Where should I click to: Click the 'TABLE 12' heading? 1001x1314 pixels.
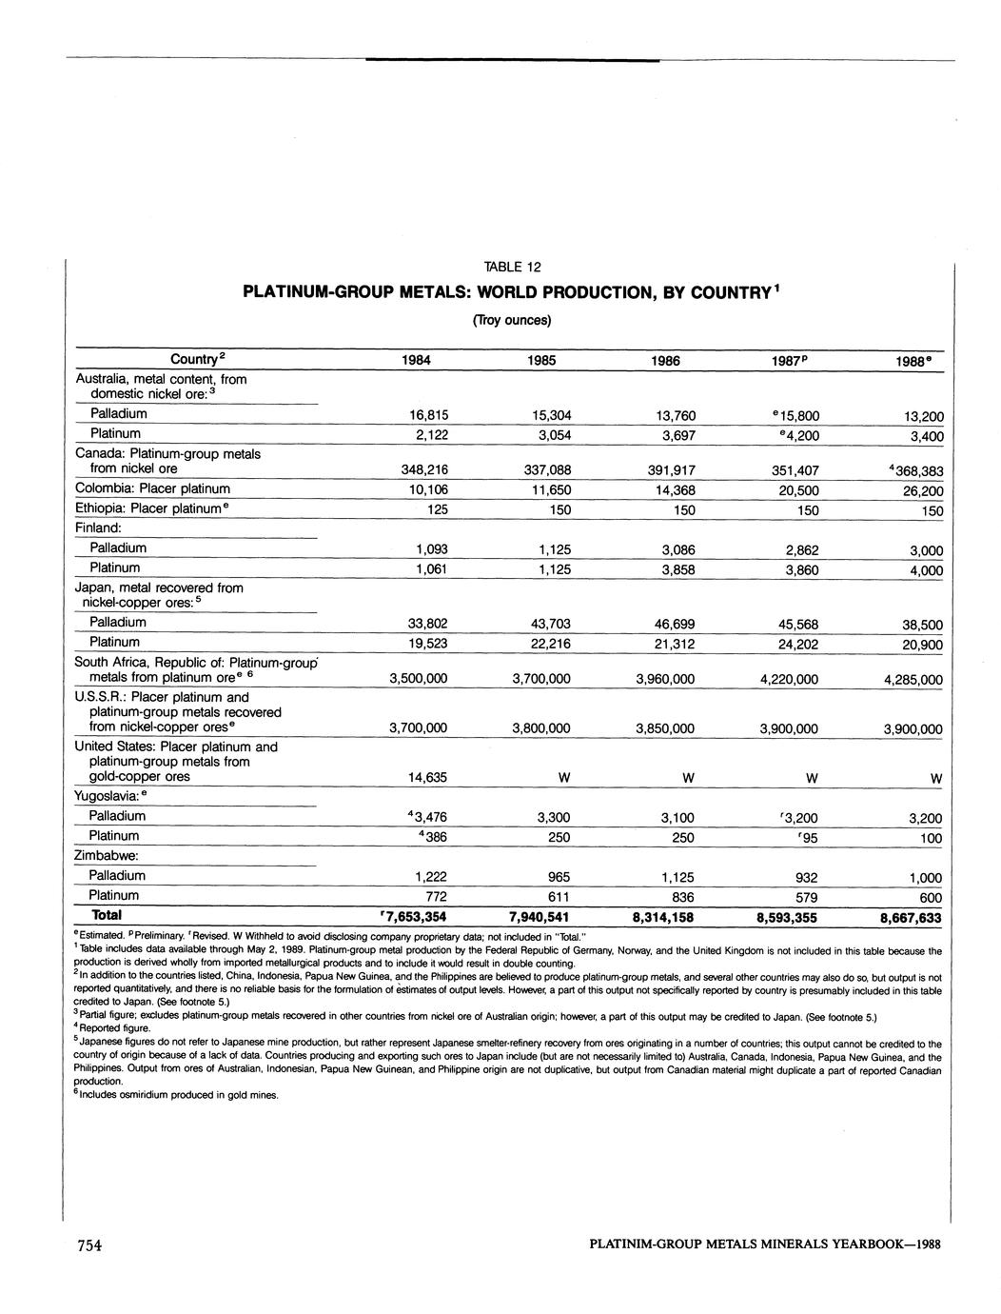512,267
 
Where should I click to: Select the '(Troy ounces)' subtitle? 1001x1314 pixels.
512,320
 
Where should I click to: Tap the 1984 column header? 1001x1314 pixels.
416,361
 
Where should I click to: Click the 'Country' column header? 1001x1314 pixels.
197,359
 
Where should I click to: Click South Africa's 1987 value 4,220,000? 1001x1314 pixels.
789,679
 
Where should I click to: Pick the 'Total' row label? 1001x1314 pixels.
106,915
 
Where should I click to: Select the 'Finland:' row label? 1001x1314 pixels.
98,528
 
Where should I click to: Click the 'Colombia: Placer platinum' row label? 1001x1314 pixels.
152,488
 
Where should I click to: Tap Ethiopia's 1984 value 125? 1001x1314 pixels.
437,510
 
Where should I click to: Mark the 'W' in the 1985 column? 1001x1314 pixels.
564,778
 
